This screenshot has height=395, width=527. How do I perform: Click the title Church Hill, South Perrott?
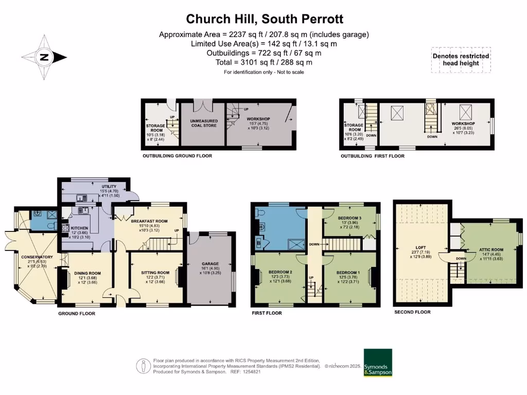[x=264, y=19]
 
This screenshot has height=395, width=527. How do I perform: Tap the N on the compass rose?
[x=44, y=58]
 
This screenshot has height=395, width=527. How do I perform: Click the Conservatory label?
[x=34, y=257]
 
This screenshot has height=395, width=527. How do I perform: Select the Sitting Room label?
[x=155, y=273]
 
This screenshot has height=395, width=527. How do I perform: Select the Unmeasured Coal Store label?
[x=201, y=121]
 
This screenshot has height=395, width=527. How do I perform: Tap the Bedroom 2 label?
[x=280, y=272]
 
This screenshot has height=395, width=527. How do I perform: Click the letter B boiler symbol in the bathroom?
[x=258, y=244]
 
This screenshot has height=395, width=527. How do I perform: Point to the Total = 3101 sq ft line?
[x=264, y=62]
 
